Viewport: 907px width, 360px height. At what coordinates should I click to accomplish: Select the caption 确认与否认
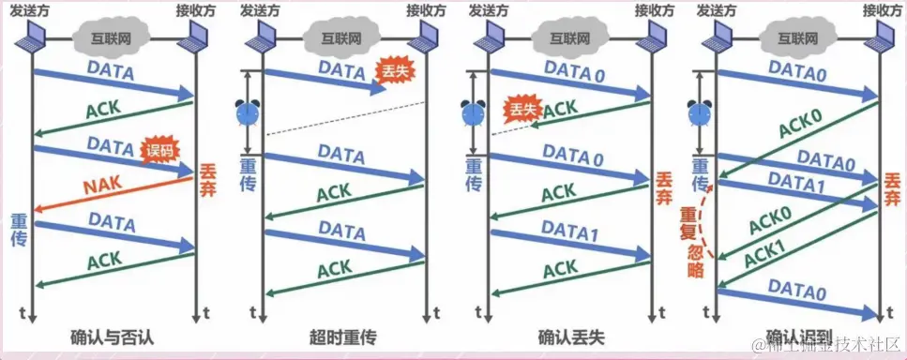tap(113, 336)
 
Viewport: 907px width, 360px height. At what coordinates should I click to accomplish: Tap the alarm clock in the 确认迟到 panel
tap(698, 112)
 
